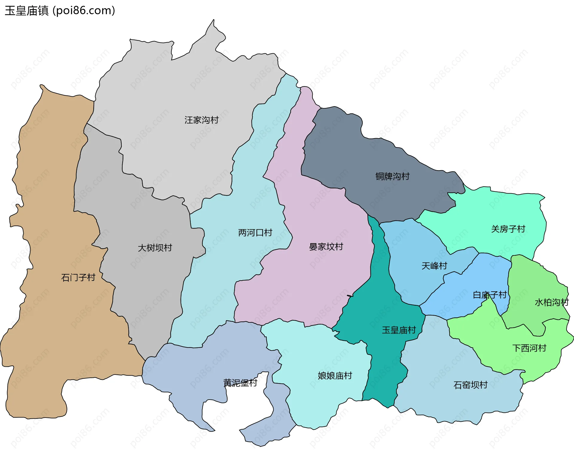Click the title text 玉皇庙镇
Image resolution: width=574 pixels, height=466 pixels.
pos(27,11)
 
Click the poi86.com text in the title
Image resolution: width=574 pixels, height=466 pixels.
pos(84,11)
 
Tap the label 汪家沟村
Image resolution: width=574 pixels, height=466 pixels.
pos(201,120)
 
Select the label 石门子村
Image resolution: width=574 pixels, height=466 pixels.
pos(78,278)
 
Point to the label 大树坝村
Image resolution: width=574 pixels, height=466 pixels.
pos(155,248)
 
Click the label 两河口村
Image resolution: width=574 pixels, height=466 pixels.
pos(255,233)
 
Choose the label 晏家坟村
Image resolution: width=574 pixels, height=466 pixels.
pos(326,247)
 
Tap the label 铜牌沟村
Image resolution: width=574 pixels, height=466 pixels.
pos(392,176)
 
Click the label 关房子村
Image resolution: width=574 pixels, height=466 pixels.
pos(508,229)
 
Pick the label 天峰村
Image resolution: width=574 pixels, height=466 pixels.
pos(434,266)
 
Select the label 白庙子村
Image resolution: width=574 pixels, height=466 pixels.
pos(489,295)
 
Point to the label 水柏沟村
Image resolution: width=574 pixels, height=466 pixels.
pos(551,302)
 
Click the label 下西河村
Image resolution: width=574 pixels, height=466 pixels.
pos(529,348)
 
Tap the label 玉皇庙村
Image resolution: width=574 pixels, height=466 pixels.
pos(399,330)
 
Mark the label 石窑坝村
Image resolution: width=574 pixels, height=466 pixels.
pos(470,385)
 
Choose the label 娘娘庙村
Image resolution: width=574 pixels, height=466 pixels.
pos(335,376)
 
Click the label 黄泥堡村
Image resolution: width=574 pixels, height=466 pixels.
pos(240,383)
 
